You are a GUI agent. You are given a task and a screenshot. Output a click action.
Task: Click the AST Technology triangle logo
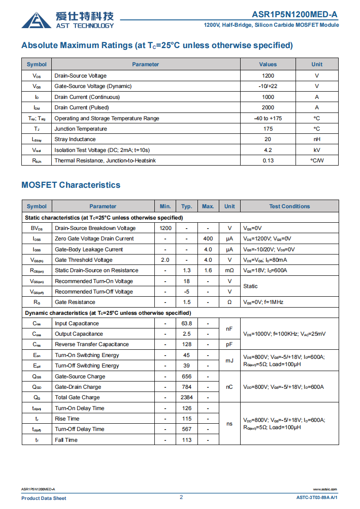[36, 20]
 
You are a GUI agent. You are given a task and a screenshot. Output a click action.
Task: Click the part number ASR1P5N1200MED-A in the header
[295, 15]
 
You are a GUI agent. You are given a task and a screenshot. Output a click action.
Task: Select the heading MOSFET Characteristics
[71, 185]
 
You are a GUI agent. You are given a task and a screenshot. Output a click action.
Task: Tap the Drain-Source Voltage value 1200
[268, 76]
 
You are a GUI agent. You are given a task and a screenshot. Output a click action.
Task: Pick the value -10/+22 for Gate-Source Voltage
[268, 86]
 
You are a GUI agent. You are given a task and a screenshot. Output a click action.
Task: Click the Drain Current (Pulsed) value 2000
[268, 108]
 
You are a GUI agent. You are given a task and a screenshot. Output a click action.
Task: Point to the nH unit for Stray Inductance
[317, 139]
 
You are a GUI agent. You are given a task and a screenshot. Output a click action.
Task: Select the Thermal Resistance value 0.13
[268, 161]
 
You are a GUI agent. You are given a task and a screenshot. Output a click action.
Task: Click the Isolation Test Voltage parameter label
[102, 150]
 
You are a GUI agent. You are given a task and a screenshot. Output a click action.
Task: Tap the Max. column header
[208, 206]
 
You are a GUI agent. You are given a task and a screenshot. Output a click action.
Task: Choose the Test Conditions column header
[289, 206]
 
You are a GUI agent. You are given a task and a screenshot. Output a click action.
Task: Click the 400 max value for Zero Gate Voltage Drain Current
[208, 239]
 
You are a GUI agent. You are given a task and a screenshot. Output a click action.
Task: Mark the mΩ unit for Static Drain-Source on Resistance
[229, 270]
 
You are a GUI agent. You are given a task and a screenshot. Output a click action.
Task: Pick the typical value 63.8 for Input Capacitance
[187, 323]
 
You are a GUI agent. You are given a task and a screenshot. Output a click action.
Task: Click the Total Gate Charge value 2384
[187, 397]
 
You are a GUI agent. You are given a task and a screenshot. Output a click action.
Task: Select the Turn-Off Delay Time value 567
[187, 429]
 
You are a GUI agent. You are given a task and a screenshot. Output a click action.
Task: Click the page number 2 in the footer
[181, 497]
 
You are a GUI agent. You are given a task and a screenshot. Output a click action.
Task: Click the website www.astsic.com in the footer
[325, 489]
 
